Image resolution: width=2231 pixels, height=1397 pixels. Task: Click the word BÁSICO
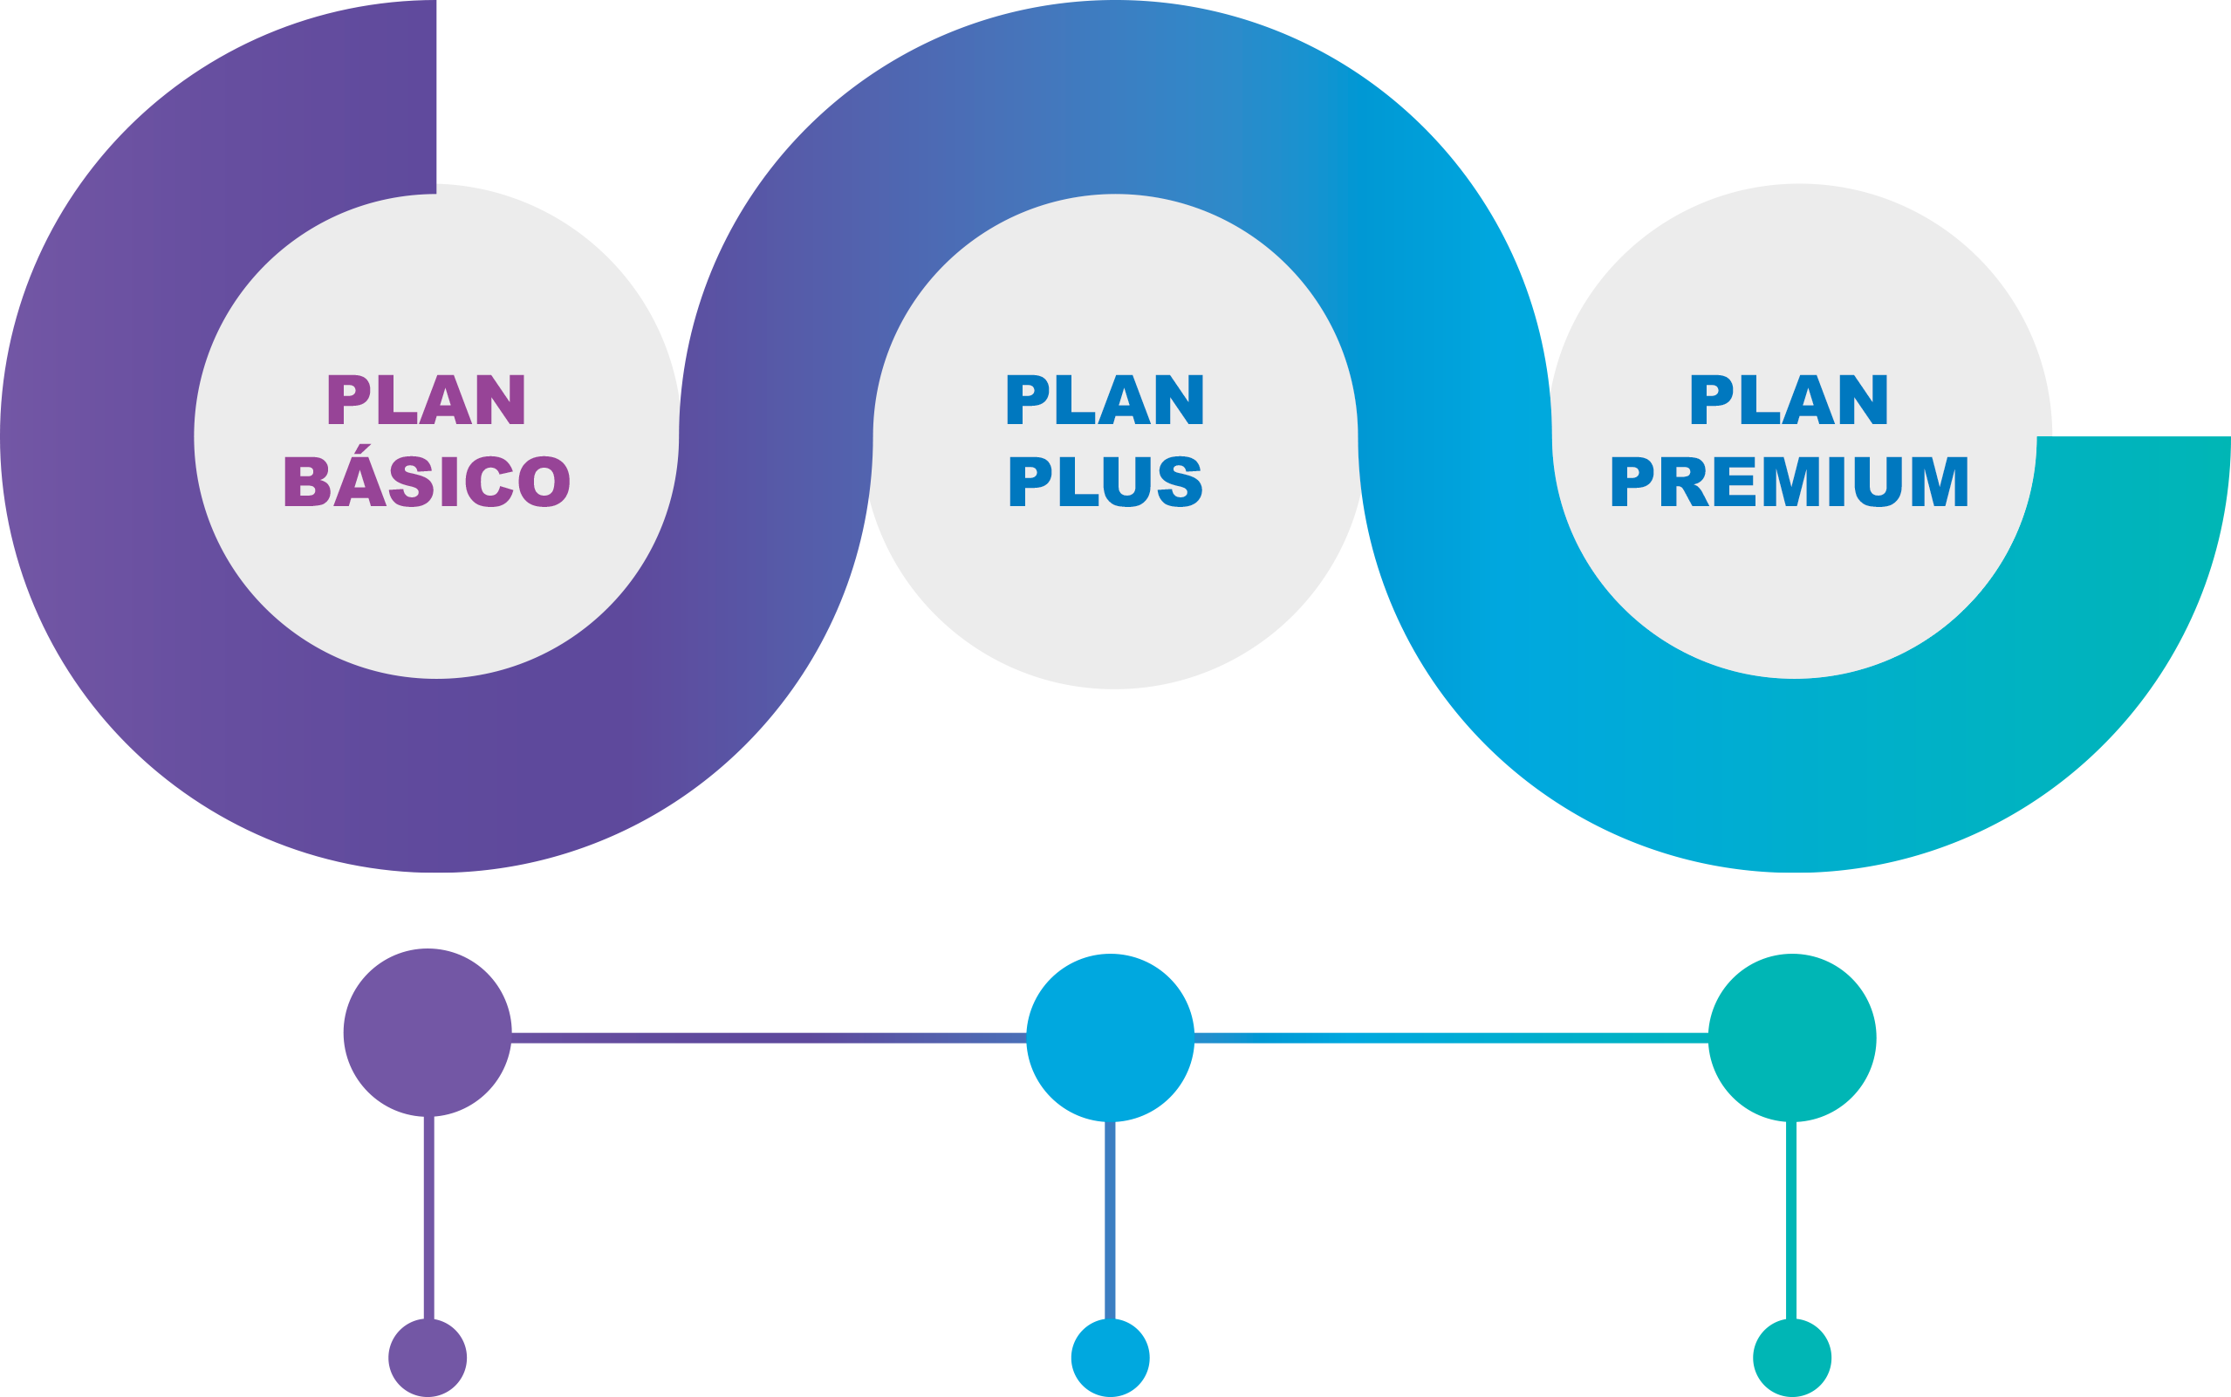click(x=427, y=482)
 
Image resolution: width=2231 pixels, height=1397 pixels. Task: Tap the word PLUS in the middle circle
click(x=1105, y=482)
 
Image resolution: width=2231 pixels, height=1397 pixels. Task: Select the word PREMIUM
click(x=1790, y=482)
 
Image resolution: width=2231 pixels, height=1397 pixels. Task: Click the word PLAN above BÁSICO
click(x=427, y=400)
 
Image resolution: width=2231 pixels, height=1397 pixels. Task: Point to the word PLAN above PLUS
click(x=1105, y=400)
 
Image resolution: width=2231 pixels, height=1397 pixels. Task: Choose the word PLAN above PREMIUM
click(x=1790, y=400)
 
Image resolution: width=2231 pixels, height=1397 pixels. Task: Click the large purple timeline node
click(x=428, y=1033)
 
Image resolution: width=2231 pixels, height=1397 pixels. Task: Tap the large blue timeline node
click(x=1111, y=1037)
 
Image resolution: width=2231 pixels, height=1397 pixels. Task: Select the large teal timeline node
click(x=1792, y=1037)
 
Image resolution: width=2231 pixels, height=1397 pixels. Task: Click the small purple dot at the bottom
click(x=428, y=1357)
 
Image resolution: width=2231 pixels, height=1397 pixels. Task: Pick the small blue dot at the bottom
click(x=1111, y=1357)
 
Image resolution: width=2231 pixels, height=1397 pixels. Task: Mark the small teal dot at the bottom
click(x=1792, y=1357)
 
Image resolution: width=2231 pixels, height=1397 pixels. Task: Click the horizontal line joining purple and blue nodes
click(x=769, y=1037)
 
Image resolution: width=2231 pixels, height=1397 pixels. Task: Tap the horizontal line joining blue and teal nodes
click(x=1450, y=1038)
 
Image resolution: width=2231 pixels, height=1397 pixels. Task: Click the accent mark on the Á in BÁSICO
click(x=364, y=450)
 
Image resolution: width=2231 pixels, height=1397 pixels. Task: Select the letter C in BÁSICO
click(x=489, y=482)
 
